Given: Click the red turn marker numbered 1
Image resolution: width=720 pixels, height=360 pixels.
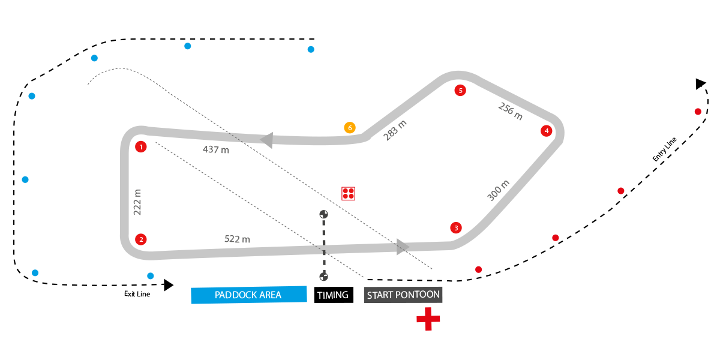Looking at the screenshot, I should (140, 147).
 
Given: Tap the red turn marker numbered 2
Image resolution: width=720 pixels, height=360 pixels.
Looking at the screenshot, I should (140, 239).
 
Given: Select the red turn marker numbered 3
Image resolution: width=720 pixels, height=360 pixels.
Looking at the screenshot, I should (456, 228).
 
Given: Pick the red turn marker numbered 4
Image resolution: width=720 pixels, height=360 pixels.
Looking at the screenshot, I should (546, 131).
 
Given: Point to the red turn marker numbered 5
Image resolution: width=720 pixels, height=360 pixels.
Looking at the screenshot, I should (460, 91).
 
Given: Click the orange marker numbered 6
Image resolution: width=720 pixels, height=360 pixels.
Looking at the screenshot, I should (350, 128).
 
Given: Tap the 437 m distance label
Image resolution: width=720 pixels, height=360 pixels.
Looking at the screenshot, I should (216, 150).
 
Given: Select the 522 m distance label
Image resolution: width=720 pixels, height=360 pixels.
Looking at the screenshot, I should (237, 239).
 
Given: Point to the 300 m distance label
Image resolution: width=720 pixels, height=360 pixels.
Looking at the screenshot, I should (499, 191).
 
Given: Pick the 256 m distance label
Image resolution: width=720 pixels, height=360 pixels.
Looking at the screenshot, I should (510, 111).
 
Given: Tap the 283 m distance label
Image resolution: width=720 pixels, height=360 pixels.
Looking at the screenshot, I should (395, 131).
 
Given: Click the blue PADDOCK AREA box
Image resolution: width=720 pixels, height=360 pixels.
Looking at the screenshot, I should (248, 295).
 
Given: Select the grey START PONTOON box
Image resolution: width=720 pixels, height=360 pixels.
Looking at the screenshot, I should (403, 295).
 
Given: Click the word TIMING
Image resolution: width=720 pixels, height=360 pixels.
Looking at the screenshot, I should (332, 295).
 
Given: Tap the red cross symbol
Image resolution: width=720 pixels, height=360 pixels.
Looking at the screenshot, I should (428, 319).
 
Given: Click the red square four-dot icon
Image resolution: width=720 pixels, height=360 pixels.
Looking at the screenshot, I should (349, 193).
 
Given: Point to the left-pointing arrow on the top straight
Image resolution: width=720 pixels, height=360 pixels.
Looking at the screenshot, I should (266, 140).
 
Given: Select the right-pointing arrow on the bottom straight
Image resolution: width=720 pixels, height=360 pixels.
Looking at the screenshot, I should (403, 246).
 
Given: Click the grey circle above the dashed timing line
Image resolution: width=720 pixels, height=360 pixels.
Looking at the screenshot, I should (324, 214).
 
